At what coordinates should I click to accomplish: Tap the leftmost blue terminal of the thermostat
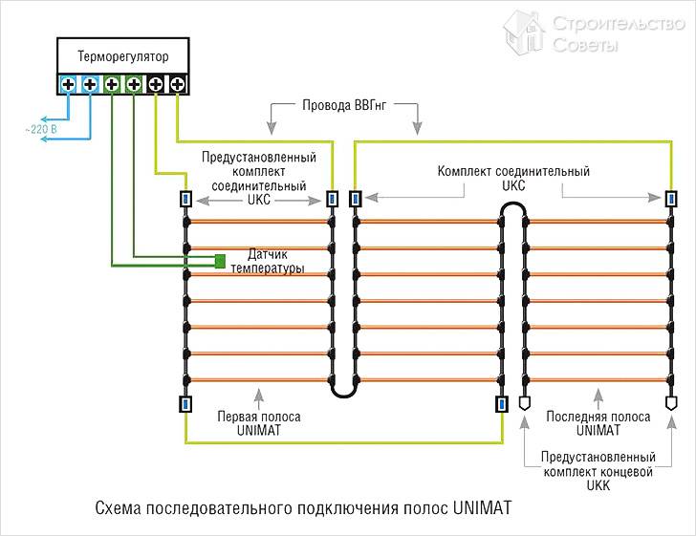click(x=68, y=85)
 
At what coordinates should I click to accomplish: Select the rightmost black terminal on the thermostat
click(x=177, y=85)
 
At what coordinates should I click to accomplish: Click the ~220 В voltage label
click(x=40, y=128)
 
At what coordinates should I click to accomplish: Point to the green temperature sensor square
click(x=220, y=260)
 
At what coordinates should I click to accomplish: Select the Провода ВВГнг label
click(x=343, y=107)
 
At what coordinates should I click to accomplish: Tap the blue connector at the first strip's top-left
click(x=185, y=199)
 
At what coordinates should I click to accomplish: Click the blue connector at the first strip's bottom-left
click(x=185, y=403)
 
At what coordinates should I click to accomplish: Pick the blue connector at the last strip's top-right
click(x=671, y=199)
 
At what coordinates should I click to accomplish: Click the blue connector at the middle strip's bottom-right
click(x=501, y=403)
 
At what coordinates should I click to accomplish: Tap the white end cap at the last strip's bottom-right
click(x=671, y=404)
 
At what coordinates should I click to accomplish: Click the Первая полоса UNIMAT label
click(x=258, y=424)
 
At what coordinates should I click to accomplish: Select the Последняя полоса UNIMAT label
click(x=598, y=424)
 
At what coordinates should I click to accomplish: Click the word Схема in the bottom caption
click(x=119, y=507)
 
